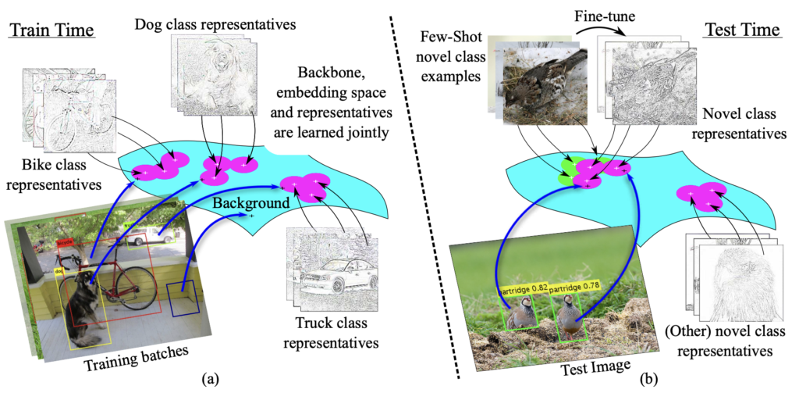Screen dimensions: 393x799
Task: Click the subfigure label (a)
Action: (x=209, y=379)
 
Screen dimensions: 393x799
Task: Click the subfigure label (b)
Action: (x=648, y=379)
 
